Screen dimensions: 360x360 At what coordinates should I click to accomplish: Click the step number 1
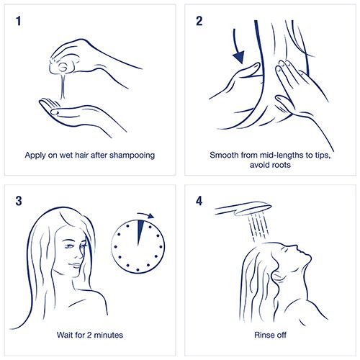[x=19, y=21]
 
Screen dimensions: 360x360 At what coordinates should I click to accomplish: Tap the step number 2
[x=199, y=21]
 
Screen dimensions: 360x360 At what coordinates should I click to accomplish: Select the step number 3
[x=19, y=201]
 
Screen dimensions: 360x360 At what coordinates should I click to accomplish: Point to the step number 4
[x=199, y=201]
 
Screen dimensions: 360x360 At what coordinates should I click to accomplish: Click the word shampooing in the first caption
[x=132, y=156]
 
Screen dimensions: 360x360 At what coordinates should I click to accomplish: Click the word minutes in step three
[x=108, y=335]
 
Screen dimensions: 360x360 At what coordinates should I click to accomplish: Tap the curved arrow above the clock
[x=146, y=215]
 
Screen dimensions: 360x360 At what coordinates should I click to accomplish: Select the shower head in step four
[x=243, y=208]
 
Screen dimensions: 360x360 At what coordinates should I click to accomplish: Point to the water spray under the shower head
[x=258, y=226]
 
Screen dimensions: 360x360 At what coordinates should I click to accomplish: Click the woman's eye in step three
[x=69, y=246]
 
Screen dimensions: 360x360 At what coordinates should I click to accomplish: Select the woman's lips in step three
[x=76, y=265]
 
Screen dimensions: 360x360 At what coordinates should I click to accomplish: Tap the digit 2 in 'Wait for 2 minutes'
[x=89, y=335]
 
